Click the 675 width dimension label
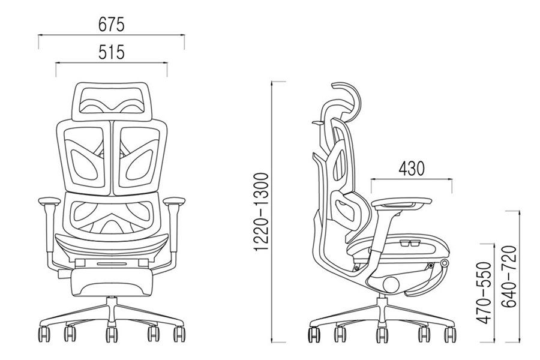(x=111, y=25)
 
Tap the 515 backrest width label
(x=111, y=53)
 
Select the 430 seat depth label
(x=411, y=168)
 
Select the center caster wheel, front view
(x=112, y=334)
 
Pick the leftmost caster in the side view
(x=314, y=334)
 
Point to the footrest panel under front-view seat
(x=112, y=281)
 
